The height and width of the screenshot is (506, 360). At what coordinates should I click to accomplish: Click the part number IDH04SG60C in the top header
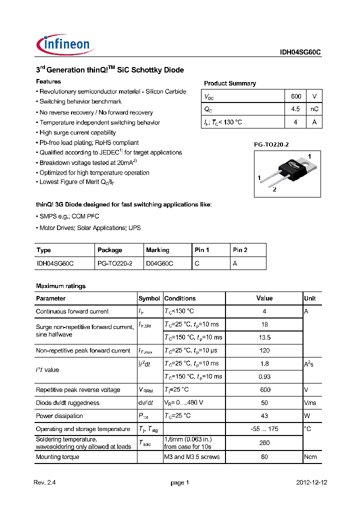[x=300, y=52]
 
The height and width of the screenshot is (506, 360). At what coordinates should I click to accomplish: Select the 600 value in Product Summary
[x=295, y=96]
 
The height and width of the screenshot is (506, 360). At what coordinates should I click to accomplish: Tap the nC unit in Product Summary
[x=314, y=109]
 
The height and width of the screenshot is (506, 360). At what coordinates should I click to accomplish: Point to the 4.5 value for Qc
[x=295, y=109]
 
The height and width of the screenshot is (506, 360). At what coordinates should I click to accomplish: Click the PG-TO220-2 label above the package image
[x=271, y=144]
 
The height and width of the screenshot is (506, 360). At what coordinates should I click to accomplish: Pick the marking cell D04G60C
[x=159, y=263]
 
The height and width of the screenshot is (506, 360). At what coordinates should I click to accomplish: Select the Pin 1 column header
[x=201, y=250]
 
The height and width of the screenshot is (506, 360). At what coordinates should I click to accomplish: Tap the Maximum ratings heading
[x=60, y=286]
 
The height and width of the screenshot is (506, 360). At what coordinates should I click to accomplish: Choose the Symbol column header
[x=149, y=298]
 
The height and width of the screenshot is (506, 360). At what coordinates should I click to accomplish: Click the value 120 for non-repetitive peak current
[x=264, y=350]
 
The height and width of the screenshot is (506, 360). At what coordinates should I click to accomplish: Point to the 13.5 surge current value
[x=264, y=337]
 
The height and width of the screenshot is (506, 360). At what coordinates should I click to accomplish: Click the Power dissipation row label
[x=59, y=416]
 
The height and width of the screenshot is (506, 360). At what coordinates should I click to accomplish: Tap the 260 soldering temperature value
[x=264, y=442]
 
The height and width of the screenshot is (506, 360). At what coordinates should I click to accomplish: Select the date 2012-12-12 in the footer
[x=312, y=482]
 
